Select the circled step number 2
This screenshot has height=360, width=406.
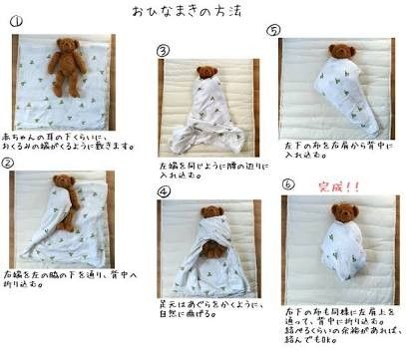(x=8, y=162)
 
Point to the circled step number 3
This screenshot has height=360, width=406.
(x=164, y=49)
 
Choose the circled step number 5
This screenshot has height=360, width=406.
(x=273, y=30)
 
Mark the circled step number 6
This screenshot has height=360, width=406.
(x=288, y=183)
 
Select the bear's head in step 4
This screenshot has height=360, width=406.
(x=210, y=213)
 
